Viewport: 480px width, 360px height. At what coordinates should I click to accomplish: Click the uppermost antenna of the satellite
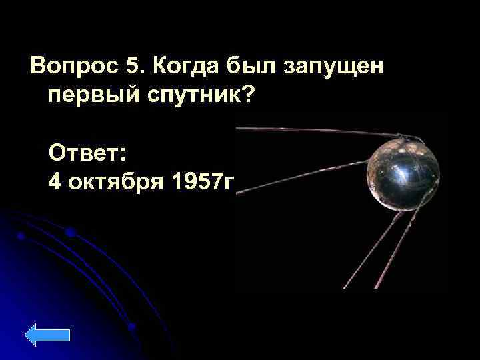tap(320, 131)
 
